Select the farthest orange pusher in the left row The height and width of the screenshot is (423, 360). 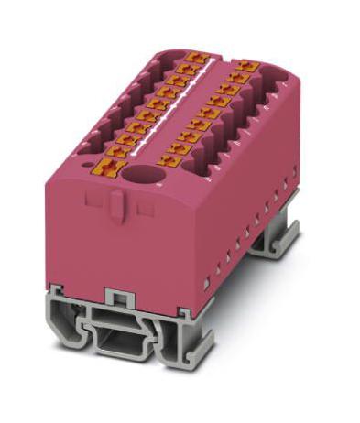193,59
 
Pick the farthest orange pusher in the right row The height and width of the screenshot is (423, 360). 248,67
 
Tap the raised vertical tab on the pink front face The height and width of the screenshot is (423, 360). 115,203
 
